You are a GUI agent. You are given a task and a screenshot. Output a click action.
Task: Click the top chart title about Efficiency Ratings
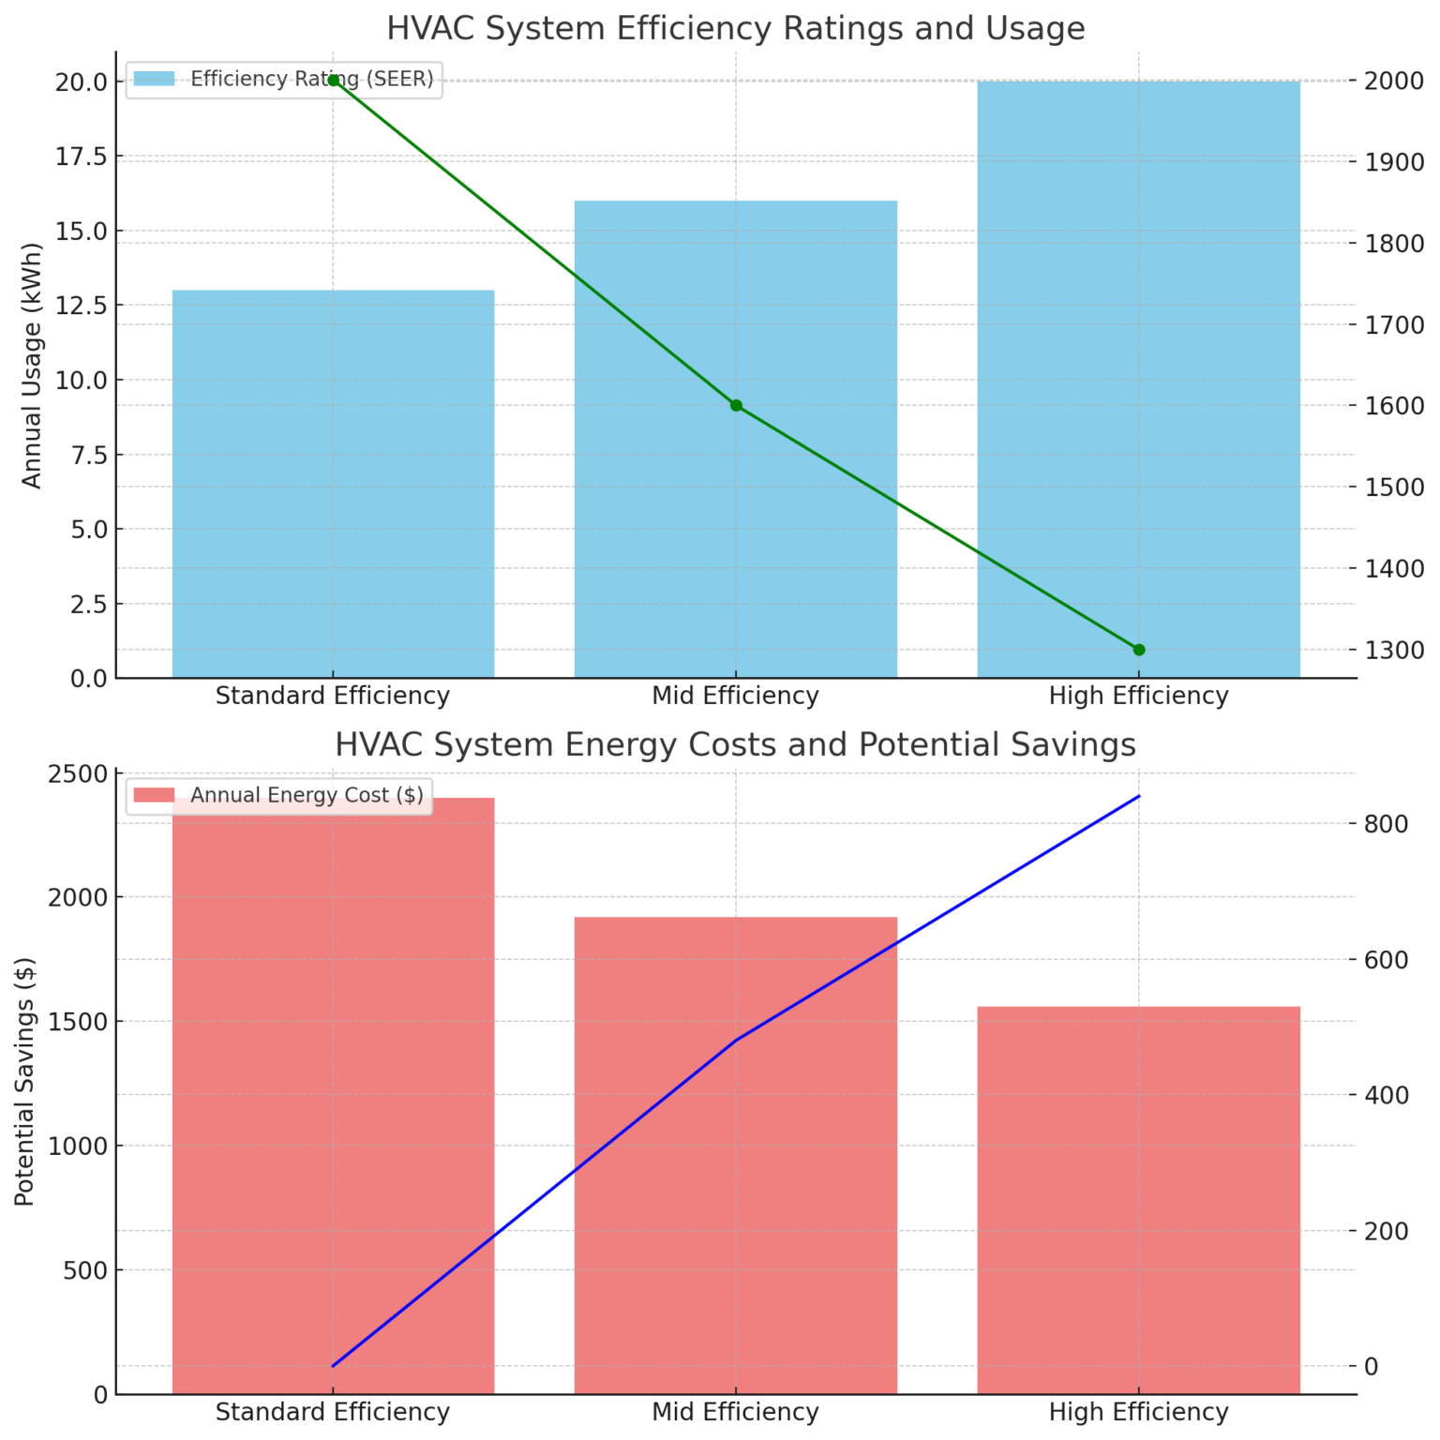[735, 29]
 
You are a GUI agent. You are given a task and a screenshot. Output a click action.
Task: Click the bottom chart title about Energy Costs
[735, 745]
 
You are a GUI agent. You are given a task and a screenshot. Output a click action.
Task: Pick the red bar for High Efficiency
[1138, 1200]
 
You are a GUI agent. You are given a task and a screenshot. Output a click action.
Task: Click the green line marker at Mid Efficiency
[736, 406]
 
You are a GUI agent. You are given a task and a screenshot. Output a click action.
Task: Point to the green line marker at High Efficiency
[1139, 650]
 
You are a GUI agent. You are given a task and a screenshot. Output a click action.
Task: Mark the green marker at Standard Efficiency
[333, 81]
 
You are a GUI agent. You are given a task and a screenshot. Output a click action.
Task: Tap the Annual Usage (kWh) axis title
[32, 366]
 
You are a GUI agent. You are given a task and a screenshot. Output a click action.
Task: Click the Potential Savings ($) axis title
[25, 1081]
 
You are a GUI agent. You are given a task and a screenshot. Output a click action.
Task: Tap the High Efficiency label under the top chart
[1138, 696]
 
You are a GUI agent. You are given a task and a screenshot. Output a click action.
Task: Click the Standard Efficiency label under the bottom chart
[333, 1412]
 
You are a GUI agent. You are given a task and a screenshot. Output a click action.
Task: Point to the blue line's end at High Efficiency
[1139, 796]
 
